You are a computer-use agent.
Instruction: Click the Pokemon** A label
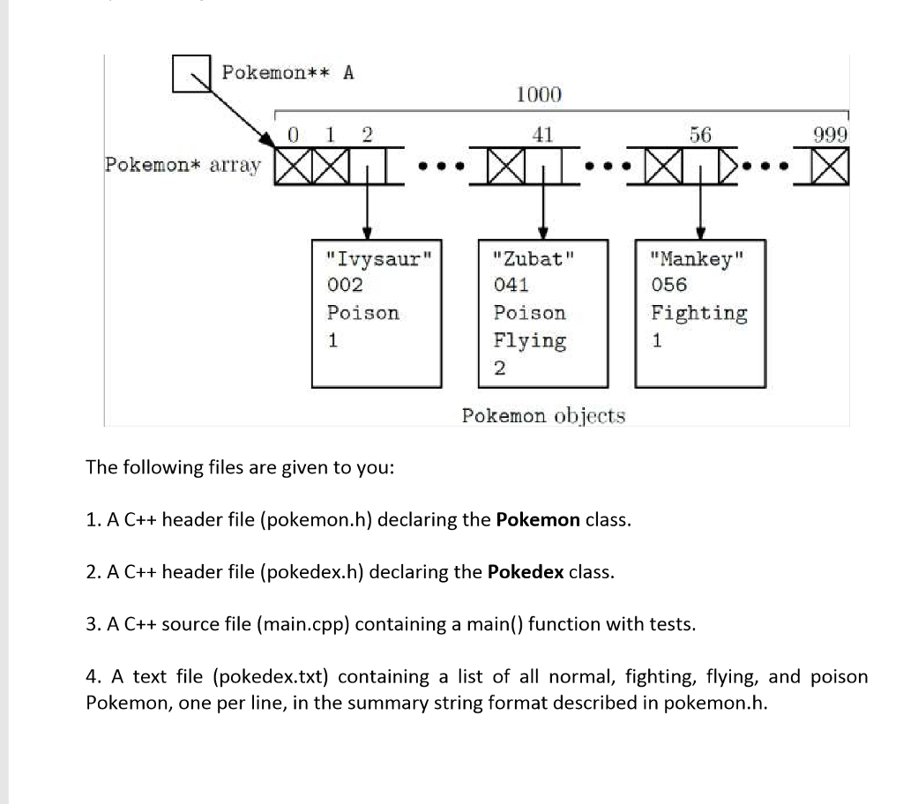pyautogui.click(x=287, y=72)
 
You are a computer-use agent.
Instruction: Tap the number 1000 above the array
pyautogui.click(x=538, y=94)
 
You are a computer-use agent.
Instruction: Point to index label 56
pyautogui.click(x=700, y=135)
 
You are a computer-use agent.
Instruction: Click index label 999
pyautogui.click(x=831, y=135)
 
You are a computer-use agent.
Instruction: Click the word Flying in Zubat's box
pyautogui.click(x=529, y=340)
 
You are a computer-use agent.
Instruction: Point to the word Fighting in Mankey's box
pyautogui.click(x=699, y=313)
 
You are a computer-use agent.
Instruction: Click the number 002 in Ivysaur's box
pyautogui.click(x=344, y=285)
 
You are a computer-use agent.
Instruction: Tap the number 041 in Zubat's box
pyautogui.click(x=511, y=285)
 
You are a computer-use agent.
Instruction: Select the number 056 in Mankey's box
pyautogui.click(x=669, y=285)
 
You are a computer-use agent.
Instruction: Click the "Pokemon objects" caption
pyautogui.click(x=543, y=415)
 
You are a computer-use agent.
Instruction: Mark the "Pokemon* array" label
pyautogui.click(x=183, y=165)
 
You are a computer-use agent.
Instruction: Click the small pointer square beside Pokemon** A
pyautogui.click(x=191, y=73)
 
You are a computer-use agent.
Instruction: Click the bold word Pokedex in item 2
pyautogui.click(x=525, y=571)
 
